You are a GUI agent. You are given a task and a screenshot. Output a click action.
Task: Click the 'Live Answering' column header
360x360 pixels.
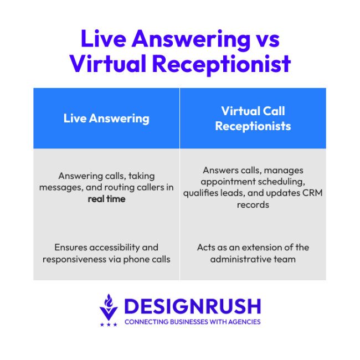[x=106, y=118]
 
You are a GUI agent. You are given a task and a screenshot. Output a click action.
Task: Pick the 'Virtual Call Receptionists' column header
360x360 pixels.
[x=253, y=118]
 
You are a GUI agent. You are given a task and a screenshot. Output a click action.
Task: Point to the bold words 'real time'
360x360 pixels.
[x=106, y=198]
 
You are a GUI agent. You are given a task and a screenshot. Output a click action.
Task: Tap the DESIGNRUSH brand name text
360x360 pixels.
[x=192, y=306]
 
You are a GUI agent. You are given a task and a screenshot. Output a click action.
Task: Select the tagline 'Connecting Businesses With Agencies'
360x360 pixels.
[x=192, y=322]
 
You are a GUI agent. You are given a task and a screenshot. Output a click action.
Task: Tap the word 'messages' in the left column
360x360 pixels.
[x=58, y=187]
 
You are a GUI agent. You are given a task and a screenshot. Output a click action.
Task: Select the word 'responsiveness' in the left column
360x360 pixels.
[x=69, y=259]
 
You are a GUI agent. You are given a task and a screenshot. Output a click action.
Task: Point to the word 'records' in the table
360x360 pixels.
[x=253, y=204]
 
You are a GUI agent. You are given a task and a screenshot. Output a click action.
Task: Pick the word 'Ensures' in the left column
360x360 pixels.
[x=69, y=247]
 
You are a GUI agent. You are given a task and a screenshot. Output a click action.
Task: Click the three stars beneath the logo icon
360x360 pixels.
[x=108, y=324]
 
